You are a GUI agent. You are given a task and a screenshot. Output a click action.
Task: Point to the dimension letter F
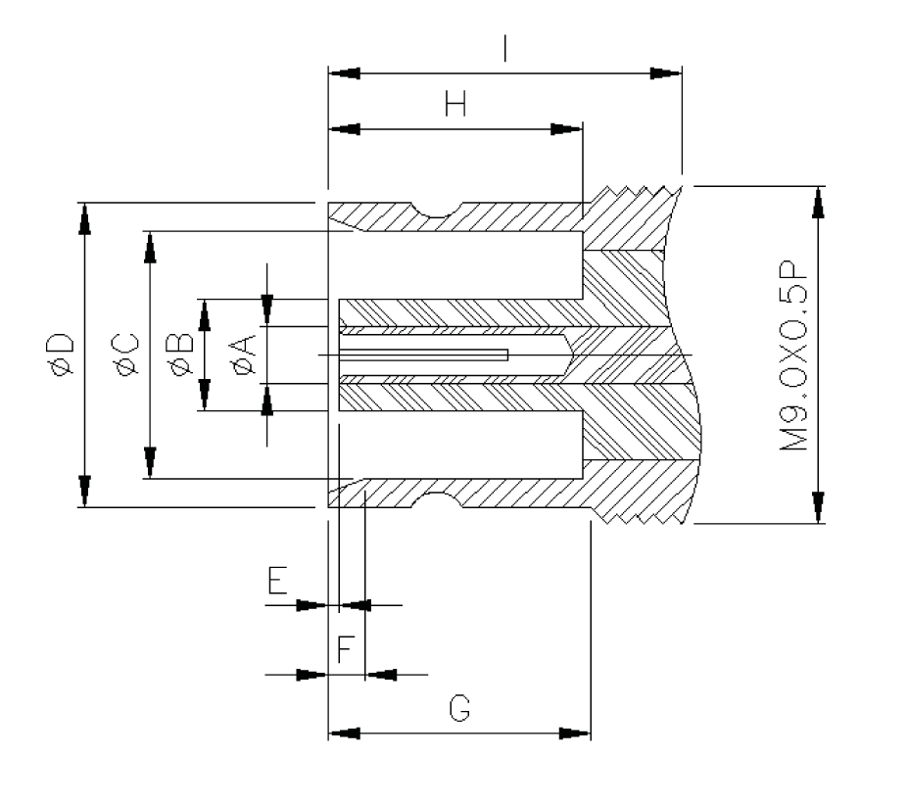pos(345,649)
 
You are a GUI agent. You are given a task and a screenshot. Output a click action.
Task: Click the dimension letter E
pos(278,584)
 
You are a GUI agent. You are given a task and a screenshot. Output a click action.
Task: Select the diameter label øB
pos(181,354)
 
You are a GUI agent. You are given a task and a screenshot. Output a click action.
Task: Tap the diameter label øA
pos(245,354)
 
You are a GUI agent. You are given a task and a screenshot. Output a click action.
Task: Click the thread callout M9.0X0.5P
pos(793,354)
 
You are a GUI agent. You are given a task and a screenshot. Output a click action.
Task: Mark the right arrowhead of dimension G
pos(575,732)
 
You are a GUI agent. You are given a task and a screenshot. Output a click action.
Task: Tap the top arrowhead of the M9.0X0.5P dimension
pos(817,201)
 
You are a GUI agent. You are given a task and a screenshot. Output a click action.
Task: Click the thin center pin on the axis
pos(421,354)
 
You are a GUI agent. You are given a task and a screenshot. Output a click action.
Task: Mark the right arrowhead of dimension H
pos(566,129)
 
